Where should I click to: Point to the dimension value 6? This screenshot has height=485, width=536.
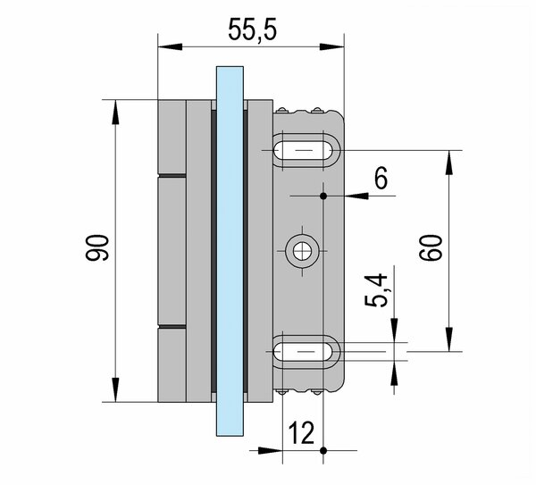(381, 180)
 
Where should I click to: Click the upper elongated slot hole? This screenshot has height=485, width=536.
(306, 150)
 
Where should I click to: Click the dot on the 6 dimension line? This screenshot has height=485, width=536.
(323, 195)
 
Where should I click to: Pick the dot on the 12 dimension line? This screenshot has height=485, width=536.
(323, 448)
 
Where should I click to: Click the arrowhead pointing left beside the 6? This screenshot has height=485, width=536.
(350, 195)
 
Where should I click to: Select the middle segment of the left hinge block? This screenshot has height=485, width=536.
(172, 252)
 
